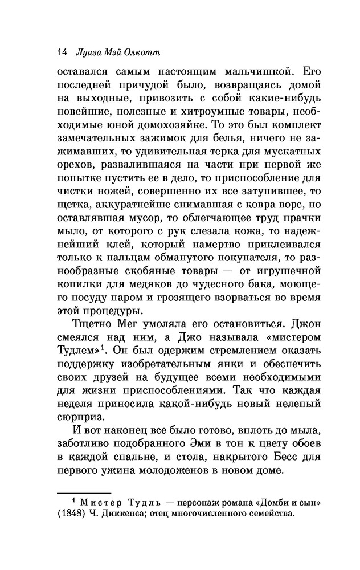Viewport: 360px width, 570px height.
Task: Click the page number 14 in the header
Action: [63, 52]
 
